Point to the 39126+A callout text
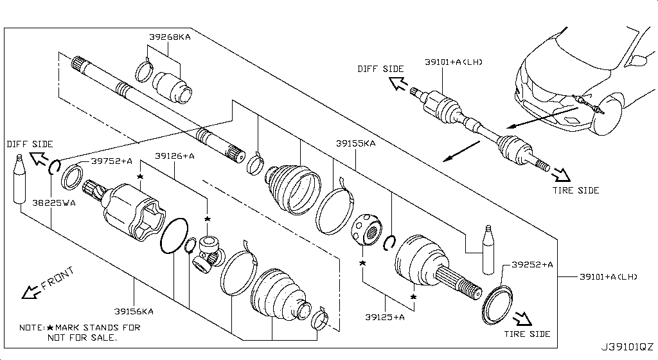pyautogui.click(x=174, y=156)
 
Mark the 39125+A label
pyautogui.click(x=384, y=317)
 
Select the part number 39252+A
pyautogui.click(x=533, y=264)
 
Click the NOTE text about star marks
pyautogui.click(x=80, y=332)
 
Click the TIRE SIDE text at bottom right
pyautogui.click(x=527, y=334)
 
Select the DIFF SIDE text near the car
pyautogui.click(x=381, y=69)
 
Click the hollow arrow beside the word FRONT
pyautogui.click(x=29, y=293)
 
